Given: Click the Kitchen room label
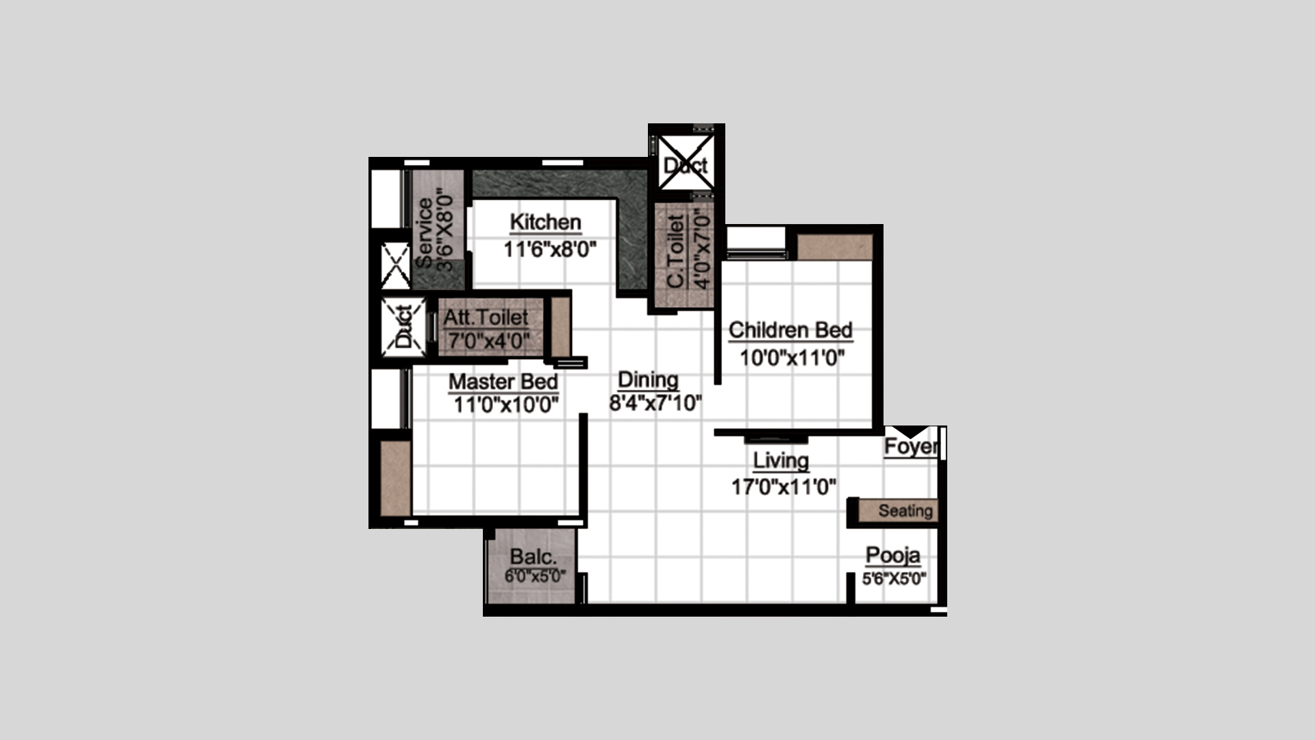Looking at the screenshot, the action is (546, 223).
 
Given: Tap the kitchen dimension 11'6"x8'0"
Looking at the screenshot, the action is (551, 249).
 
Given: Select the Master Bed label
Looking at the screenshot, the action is (503, 382).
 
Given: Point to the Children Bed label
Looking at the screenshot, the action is (790, 330).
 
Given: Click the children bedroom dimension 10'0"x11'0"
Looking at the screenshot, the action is (792, 358).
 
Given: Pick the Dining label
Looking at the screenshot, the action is (648, 380).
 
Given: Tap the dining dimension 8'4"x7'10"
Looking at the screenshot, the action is (655, 403).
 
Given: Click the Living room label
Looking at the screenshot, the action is (781, 460).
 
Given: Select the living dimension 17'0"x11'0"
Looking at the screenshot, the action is (784, 487).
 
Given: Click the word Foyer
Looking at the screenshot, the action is (911, 447).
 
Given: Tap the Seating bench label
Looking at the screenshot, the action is (905, 511).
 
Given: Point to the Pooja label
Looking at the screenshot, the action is (892, 556).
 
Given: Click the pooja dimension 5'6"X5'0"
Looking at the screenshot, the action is (894, 580).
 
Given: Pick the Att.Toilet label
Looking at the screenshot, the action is (486, 318).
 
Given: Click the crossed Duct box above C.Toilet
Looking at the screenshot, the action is (686, 162).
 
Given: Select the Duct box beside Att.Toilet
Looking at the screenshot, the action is (403, 327).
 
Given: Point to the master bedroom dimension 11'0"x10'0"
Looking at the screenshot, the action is (506, 405).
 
